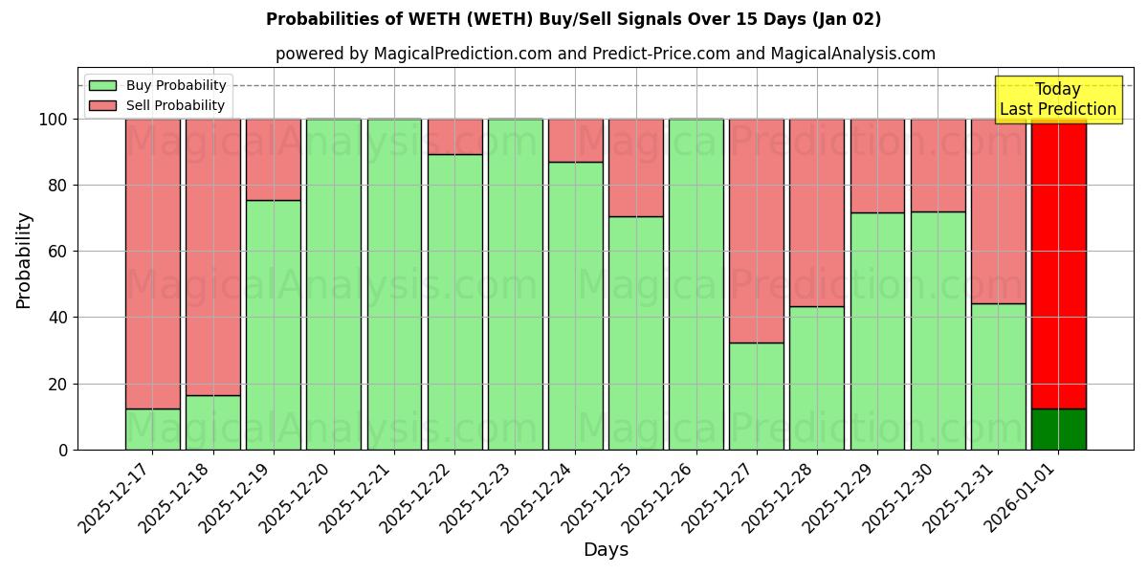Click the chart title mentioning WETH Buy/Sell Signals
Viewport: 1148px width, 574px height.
click(x=573, y=19)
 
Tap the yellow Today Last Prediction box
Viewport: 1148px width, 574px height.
click(x=1057, y=99)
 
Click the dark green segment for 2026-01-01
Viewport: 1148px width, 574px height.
click(x=1058, y=429)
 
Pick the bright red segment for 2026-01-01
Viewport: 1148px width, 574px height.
click(x=1058, y=263)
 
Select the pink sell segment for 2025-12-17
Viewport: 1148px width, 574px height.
click(x=153, y=263)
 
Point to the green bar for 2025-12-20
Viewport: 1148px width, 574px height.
click(x=334, y=284)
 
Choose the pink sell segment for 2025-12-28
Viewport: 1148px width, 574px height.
click(x=816, y=212)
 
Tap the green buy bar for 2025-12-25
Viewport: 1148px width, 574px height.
click(x=635, y=333)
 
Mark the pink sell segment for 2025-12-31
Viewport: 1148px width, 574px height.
click(x=998, y=210)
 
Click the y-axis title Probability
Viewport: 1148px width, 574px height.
click(x=24, y=260)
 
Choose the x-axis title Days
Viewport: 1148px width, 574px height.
click(x=606, y=550)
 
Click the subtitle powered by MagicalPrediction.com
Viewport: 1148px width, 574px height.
click(x=605, y=54)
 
